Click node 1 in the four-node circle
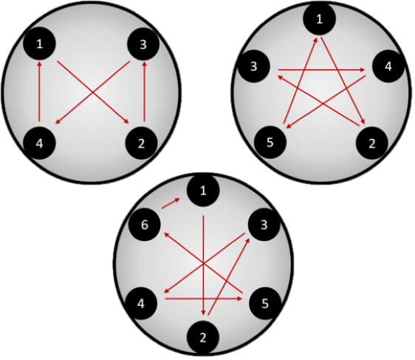click(39, 44)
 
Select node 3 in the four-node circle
click(143, 44)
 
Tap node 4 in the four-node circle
click(39, 143)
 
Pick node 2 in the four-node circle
click(142, 143)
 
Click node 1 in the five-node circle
click(320, 19)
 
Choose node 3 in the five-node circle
click(254, 67)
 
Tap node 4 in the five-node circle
click(388, 67)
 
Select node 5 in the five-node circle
click(270, 142)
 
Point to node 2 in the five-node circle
click(372, 143)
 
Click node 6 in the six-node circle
click(145, 225)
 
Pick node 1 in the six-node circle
click(203, 191)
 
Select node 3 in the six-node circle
click(264, 225)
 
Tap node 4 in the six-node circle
click(141, 303)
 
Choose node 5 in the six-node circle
click(265, 303)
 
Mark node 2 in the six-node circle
click(203, 338)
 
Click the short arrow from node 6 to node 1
click(171, 203)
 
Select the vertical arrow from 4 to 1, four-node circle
click(39, 92)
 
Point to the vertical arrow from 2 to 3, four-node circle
click(144, 92)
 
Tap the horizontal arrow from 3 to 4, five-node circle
click(321, 70)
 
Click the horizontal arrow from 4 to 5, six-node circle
click(203, 299)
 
